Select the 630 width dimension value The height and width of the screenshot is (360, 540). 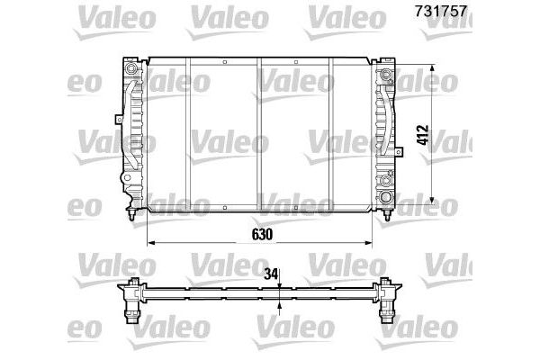259,234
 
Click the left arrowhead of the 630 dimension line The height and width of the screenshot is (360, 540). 150,244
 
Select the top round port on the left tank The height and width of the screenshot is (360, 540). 132,70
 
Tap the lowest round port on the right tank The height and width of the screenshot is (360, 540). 386,196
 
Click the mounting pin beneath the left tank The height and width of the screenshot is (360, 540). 133,217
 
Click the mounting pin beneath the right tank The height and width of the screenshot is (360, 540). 386,217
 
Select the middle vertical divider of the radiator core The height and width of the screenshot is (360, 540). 259,135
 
